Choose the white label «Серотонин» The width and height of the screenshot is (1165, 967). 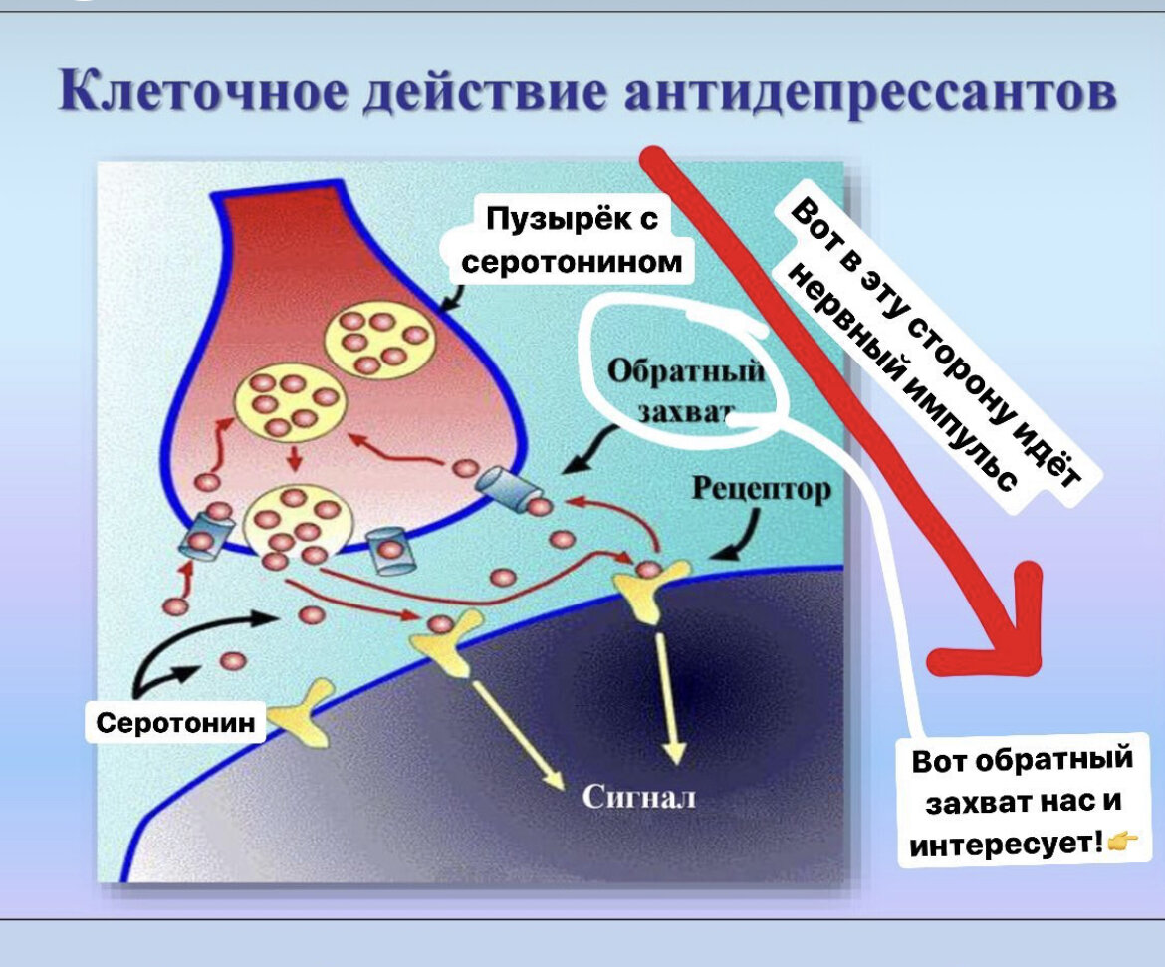[x=175, y=722]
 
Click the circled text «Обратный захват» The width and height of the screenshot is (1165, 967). [x=686, y=390]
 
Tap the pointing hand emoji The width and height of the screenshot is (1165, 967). [x=1123, y=845]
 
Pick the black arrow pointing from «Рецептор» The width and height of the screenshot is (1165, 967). [x=744, y=535]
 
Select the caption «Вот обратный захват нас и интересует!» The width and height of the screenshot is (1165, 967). [x=1024, y=802]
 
